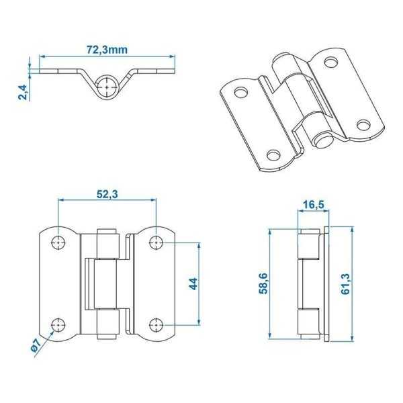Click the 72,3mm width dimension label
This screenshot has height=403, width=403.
[x=107, y=48]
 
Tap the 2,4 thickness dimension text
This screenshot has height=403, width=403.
[x=22, y=90]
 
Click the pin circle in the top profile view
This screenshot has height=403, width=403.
[x=107, y=87]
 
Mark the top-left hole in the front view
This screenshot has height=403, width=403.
[x=59, y=241]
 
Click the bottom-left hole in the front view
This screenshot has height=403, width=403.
[x=59, y=325]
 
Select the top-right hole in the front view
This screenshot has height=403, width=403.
[x=156, y=241]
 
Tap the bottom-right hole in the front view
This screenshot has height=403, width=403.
[x=156, y=325]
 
